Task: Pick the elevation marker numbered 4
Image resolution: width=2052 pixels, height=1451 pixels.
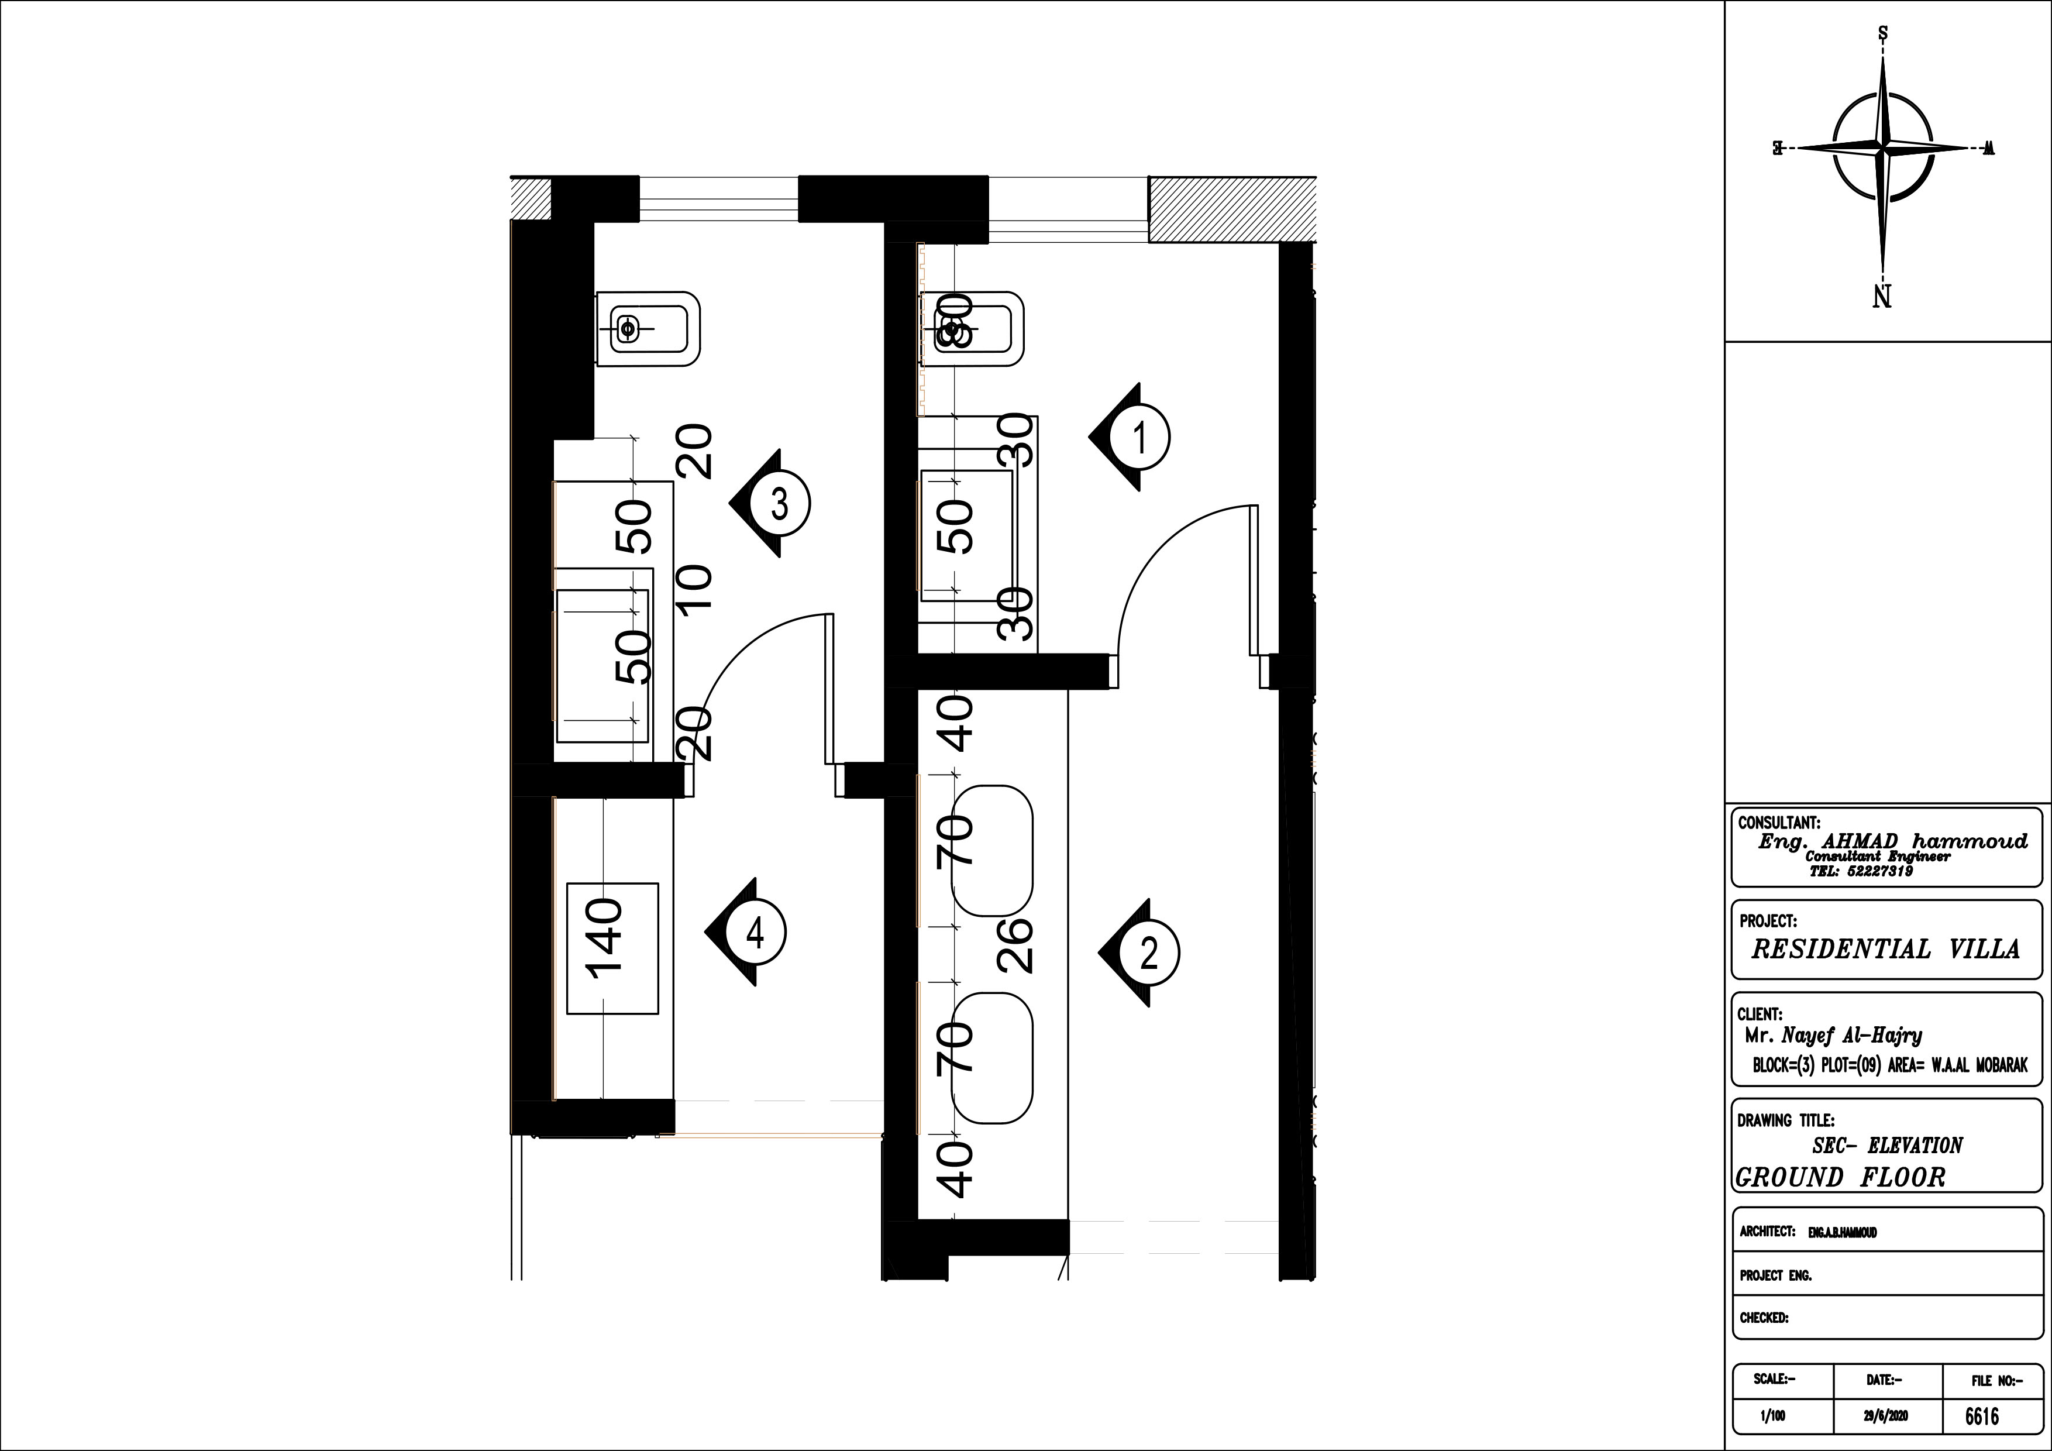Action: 755,933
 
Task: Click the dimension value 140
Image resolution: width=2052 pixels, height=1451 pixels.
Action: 604,940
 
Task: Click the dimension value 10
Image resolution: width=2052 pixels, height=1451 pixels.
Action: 694,587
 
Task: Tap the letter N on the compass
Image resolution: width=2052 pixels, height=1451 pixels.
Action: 1882,296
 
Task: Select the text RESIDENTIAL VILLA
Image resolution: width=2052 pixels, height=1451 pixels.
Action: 1885,948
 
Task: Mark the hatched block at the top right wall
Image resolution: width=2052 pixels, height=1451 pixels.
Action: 1231,209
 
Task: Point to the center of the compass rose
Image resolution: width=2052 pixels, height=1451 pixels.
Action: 1882,147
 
